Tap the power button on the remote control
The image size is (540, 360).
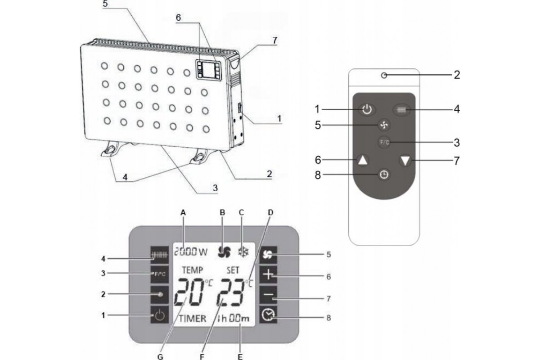[367, 109]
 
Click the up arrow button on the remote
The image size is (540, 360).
[364, 160]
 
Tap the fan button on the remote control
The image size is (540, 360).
[384, 124]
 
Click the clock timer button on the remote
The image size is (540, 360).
[384, 175]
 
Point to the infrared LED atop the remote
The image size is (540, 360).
[383, 76]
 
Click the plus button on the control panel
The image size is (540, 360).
[268, 275]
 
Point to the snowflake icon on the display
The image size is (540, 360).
[243, 252]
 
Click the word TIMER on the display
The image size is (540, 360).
[193, 318]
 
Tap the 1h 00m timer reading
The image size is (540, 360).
[232, 318]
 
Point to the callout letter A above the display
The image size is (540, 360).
[182, 211]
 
